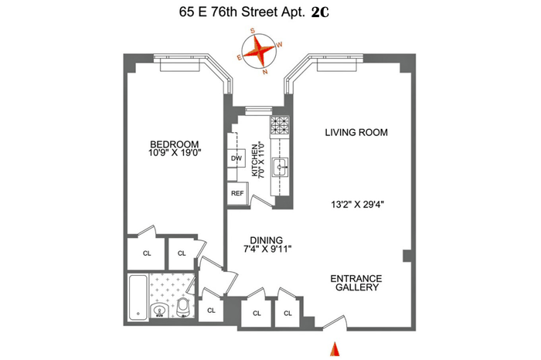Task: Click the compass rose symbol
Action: tap(260, 52)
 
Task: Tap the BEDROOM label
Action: tap(174, 144)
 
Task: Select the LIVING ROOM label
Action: tap(356, 132)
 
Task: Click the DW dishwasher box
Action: tap(236, 158)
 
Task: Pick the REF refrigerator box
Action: tap(237, 193)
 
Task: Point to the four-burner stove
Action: tap(280, 126)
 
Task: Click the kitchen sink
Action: tap(280, 168)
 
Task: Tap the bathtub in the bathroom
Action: tap(138, 297)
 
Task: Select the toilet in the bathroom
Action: tap(183, 307)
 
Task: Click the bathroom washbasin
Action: tap(160, 309)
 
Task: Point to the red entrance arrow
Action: tap(335, 349)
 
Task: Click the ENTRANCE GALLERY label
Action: tap(356, 283)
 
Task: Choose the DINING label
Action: tap(267, 240)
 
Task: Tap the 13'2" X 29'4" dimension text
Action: tap(357, 205)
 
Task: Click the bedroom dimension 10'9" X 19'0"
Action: tap(175, 153)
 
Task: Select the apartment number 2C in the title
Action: tap(320, 13)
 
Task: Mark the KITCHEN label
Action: tap(254, 161)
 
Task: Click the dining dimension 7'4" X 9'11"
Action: tap(267, 249)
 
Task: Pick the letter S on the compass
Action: tap(252, 31)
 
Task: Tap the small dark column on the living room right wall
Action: tap(407, 256)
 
